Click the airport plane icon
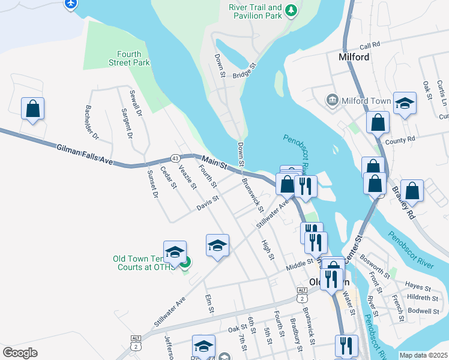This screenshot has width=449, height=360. click(x=71, y=4)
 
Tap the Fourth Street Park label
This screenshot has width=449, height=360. click(x=129, y=58)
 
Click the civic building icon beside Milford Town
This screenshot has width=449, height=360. click(x=332, y=100)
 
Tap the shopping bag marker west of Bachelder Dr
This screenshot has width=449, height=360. click(x=33, y=109)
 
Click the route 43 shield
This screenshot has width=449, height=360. click(x=176, y=158)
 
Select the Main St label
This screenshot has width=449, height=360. click(x=214, y=162)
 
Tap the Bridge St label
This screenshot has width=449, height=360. click(x=244, y=70)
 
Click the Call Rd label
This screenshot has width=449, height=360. click(x=370, y=45)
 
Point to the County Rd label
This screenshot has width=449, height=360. click(x=400, y=139)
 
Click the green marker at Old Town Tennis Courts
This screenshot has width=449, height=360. click(x=185, y=262)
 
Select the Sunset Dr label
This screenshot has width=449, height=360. click(x=152, y=184)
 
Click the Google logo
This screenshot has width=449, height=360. click(x=20, y=352)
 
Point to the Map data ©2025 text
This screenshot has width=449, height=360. click(x=423, y=355)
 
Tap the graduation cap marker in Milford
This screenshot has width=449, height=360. click(x=405, y=103)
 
